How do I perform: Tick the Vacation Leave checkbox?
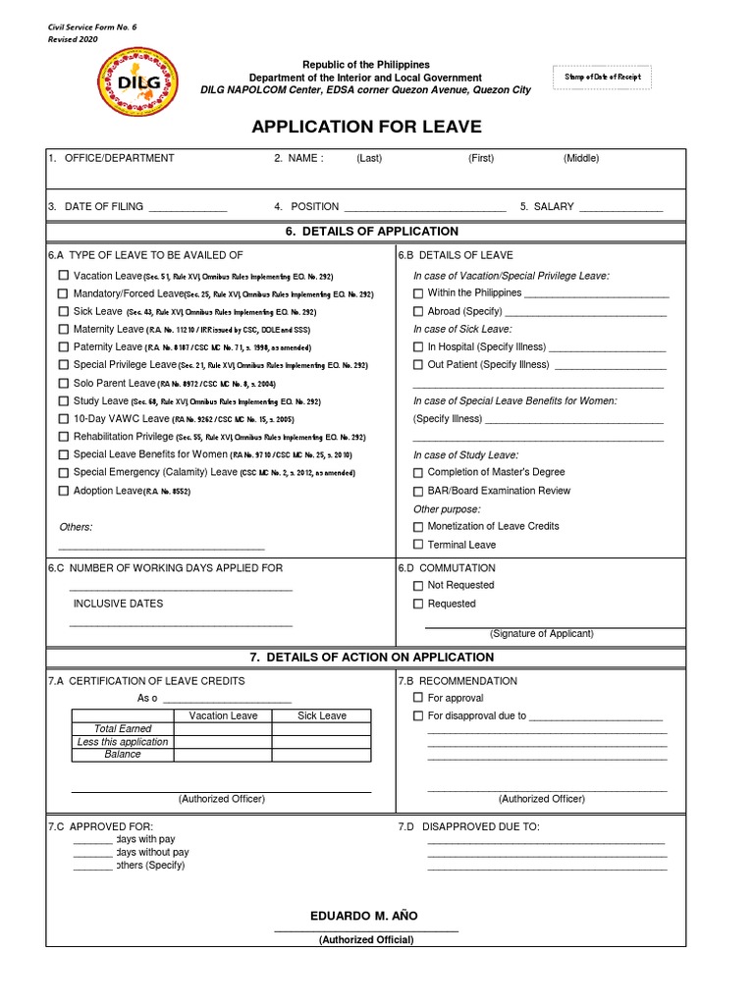click(x=64, y=276)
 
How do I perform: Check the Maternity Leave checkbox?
click(x=64, y=329)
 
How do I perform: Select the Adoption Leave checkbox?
click(x=64, y=490)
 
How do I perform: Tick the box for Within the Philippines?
click(x=418, y=293)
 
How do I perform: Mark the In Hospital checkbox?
click(x=418, y=346)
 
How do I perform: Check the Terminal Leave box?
click(x=418, y=544)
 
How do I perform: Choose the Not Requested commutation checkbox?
click(x=418, y=585)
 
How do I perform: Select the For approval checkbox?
click(x=418, y=698)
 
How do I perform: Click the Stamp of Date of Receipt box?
click(x=602, y=78)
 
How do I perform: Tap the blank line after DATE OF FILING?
click(x=188, y=207)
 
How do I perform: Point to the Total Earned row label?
click(x=123, y=729)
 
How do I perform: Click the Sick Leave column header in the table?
click(x=322, y=716)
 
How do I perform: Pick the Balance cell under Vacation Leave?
click(x=223, y=754)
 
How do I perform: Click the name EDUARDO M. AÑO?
click(x=363, y=916)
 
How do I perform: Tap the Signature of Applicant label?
click(x=541, y=634)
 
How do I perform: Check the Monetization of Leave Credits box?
click(x=418, y=526)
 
